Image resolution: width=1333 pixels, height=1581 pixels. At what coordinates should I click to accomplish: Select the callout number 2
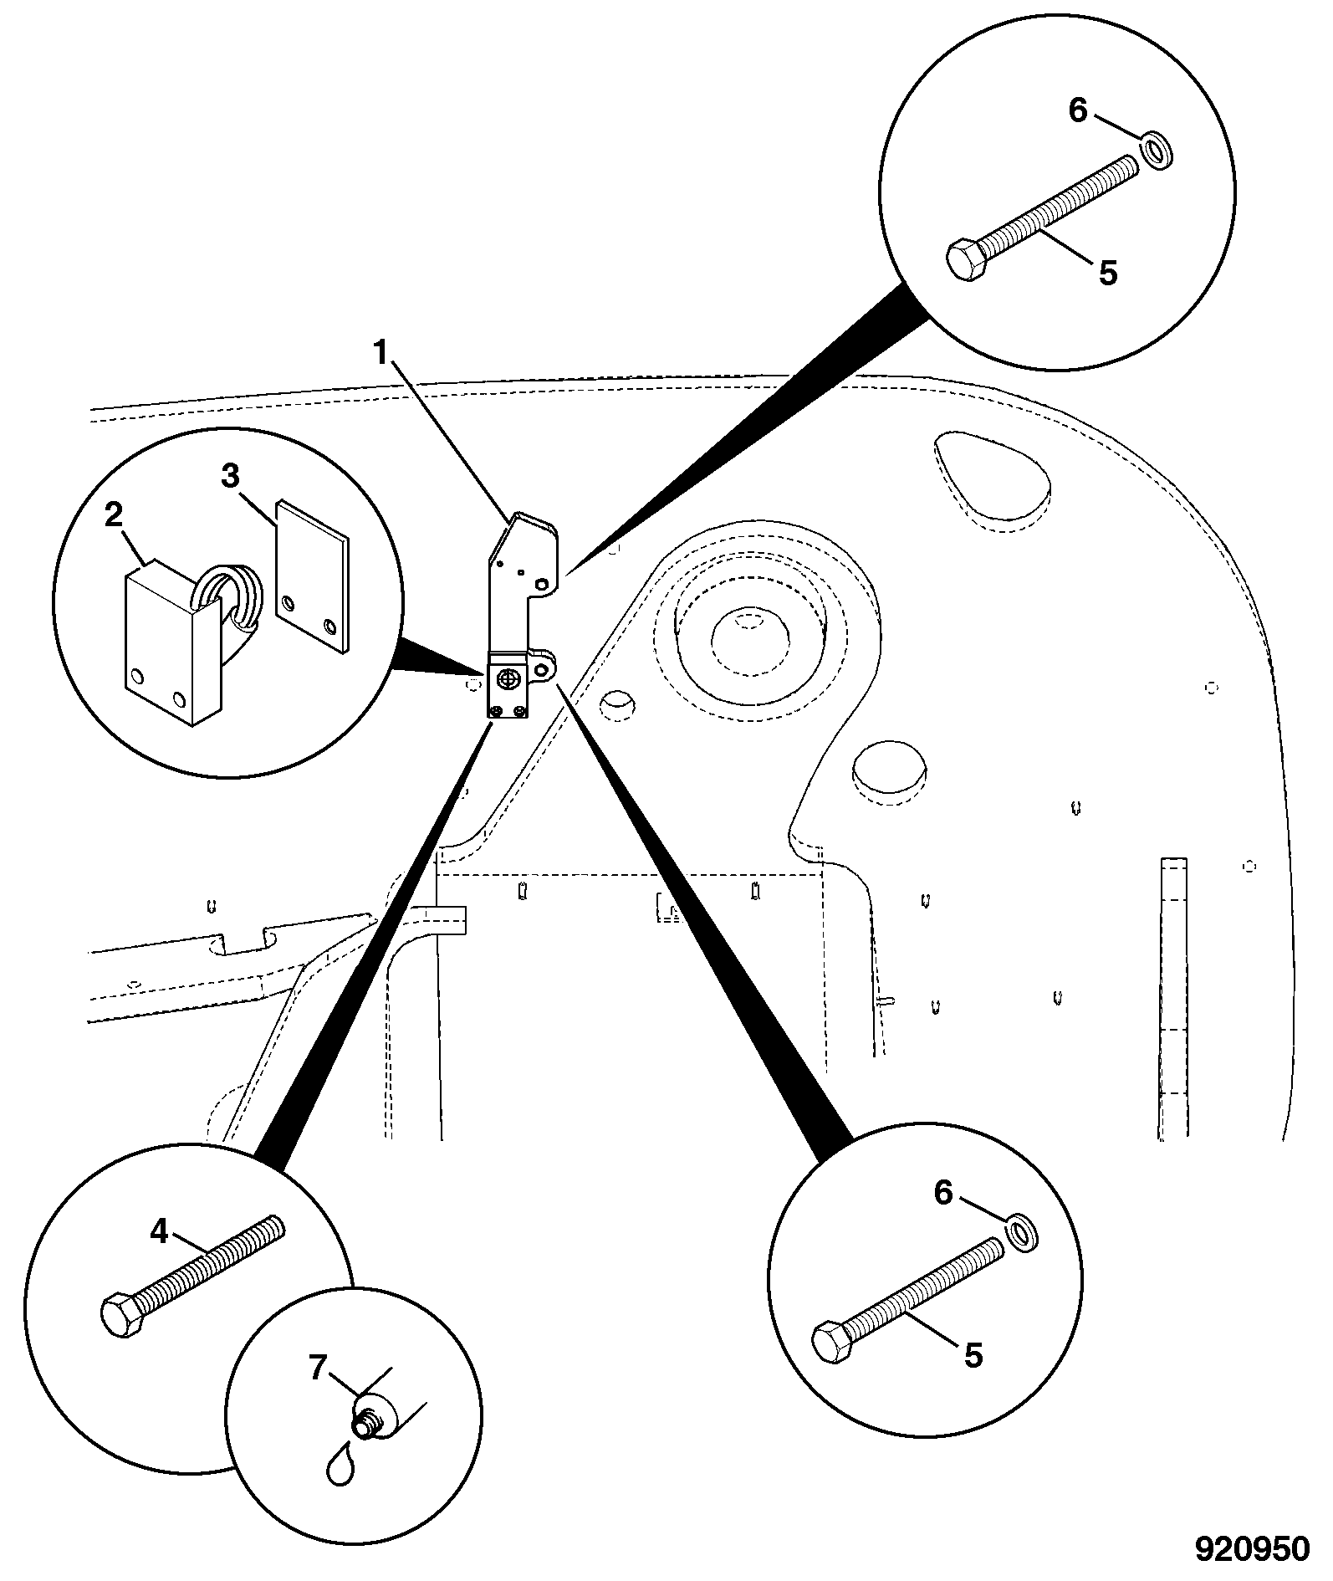[114, 515]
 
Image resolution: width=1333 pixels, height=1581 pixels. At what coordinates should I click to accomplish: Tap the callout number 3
[230, 476]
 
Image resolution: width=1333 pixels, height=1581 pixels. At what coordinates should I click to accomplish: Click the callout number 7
[318, 1369]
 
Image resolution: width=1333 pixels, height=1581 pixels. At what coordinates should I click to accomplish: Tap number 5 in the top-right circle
[1108, 273]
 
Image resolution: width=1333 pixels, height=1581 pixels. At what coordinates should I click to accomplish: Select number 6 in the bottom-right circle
[943, 1194]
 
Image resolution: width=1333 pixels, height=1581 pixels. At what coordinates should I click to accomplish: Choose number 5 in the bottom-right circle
[973, 1355]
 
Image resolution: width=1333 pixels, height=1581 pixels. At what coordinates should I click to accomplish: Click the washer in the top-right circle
[1157, 151]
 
